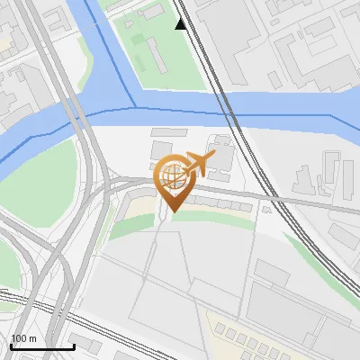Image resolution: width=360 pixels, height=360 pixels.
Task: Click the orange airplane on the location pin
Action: [199, 164]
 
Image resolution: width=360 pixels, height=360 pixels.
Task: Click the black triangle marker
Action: [181, 24]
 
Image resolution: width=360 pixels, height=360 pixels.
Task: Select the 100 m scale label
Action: [23, 338]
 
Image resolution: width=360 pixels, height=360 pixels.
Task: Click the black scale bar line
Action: [42, 346]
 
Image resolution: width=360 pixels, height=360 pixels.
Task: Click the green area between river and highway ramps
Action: [45, 180]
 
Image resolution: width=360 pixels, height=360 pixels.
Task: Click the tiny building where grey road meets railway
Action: [265, 208]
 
